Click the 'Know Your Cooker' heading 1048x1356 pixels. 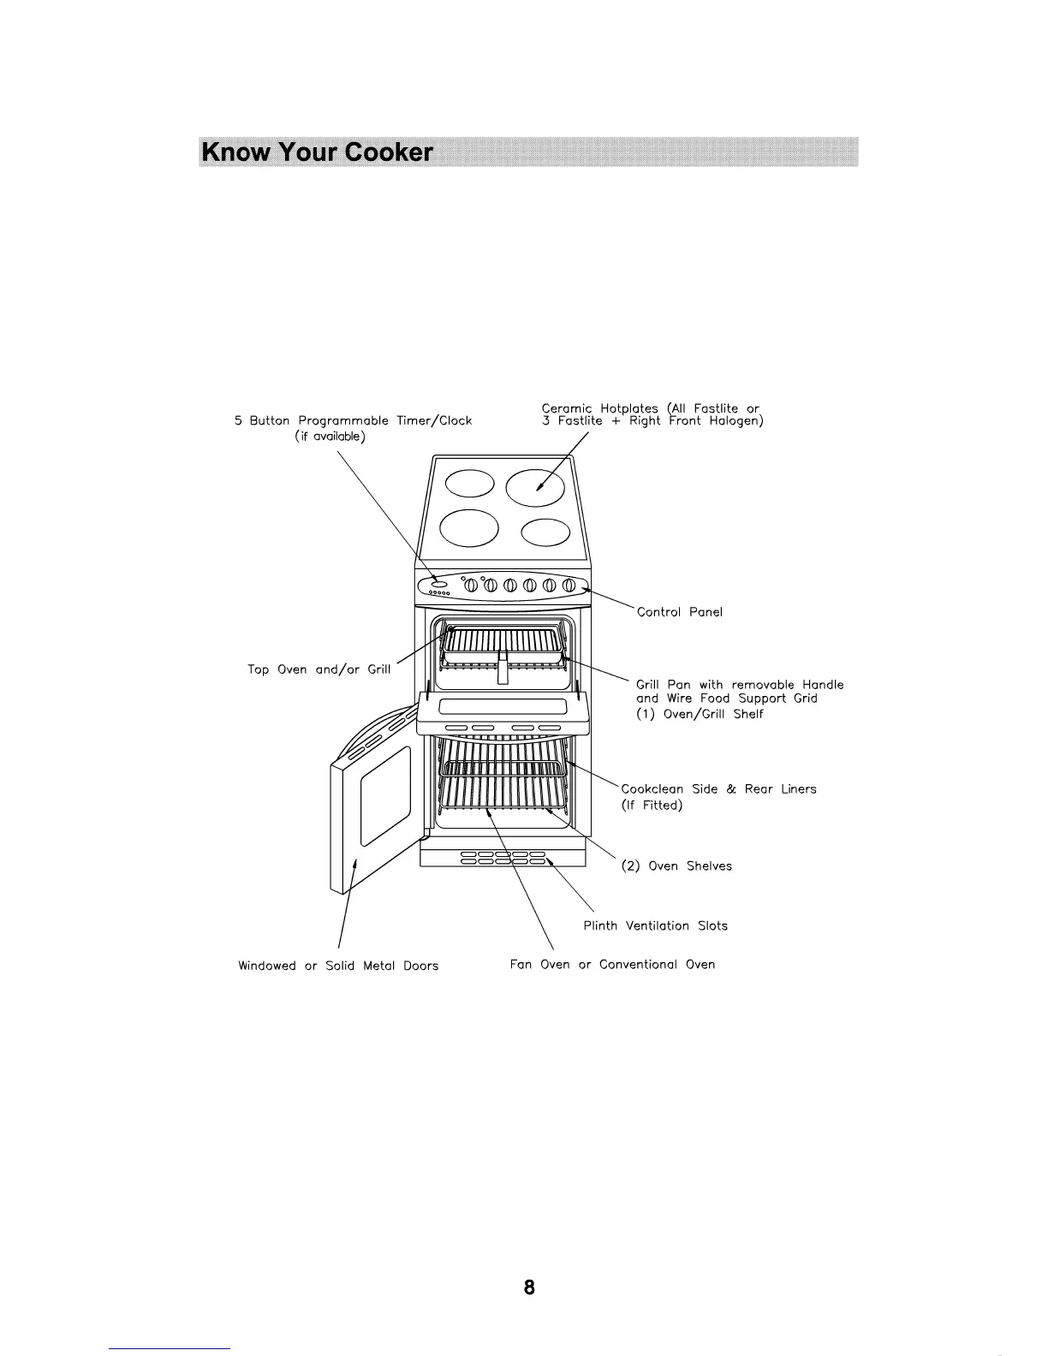[317, 152]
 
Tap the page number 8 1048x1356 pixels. [529, 1287]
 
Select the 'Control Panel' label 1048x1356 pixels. [679, 612]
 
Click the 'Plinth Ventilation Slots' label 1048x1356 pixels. [655, 925]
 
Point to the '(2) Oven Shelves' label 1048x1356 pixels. [676, 866]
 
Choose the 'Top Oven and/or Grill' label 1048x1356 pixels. [319, 669]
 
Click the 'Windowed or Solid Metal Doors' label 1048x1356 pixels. [338, 966]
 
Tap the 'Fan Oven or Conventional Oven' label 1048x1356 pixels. [612, 965]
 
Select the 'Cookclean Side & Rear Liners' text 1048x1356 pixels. [718, 789]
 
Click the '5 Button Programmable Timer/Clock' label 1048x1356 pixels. [353, 421]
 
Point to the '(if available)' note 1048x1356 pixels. [330, 437]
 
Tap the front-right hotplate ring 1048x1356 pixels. [545, 532]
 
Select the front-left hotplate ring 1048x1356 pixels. [468, 527]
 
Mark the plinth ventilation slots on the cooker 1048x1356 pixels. [503, 859]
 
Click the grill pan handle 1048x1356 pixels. [503, 667]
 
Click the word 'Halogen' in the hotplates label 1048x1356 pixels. [735, 421]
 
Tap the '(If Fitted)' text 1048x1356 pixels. [651, 806]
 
